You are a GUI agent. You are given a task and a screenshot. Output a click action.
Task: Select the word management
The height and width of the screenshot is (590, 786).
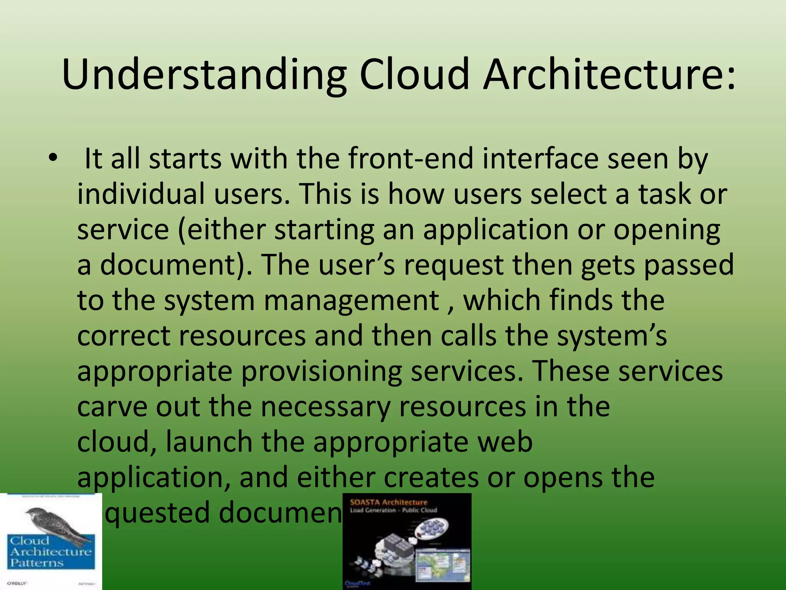(x=351, y=300)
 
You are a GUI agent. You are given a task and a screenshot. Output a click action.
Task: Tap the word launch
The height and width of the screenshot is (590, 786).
(x=209, y=442)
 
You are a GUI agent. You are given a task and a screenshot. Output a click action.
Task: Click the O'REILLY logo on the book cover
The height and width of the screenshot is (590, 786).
(x=17, y=583)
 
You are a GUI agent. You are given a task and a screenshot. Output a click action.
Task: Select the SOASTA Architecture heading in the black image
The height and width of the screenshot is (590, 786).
(x=388, y=502)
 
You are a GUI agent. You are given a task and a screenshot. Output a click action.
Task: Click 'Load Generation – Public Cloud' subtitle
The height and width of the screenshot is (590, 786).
(x=393, y=510)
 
